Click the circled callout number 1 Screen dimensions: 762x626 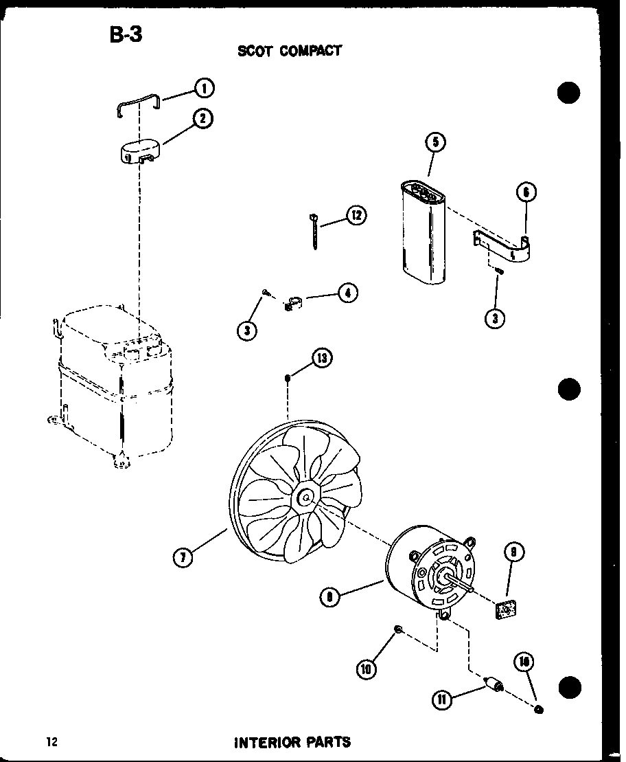(204, 88)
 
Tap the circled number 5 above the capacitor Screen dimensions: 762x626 (435, 143)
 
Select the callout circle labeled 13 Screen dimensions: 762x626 (322, 357)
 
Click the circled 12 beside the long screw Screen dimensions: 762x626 (356, 216)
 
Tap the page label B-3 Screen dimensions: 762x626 (126, 34)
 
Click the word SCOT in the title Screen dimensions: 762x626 (255, 51)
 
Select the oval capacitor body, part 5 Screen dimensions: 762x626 (421, 234)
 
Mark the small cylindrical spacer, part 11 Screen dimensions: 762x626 (493, 685)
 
